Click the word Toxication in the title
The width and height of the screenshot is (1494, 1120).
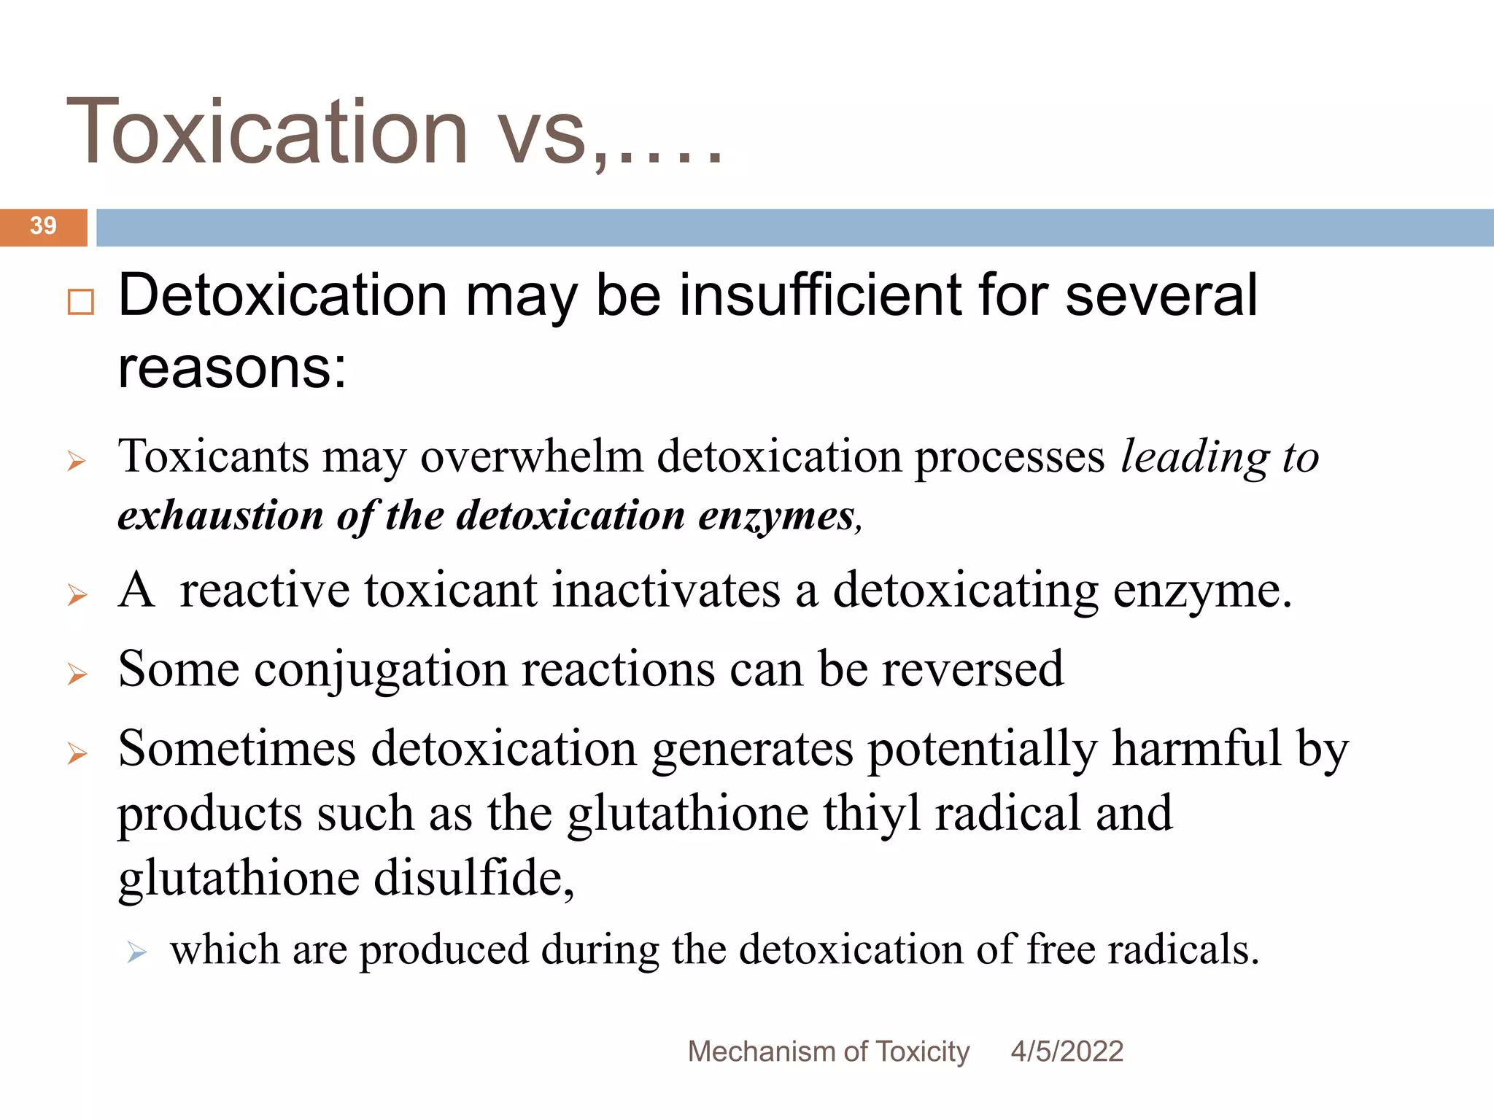pyautogui.click(x=267, y=132)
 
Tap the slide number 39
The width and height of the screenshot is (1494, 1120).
pyautogui.click(x=43, y=226)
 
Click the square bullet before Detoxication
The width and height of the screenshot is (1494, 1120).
pyautogui.click(x=80, y=301)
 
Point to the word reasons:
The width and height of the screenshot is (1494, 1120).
pyautogui.click(x=232, y=367)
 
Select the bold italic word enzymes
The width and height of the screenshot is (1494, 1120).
pyautogui.click(x=776, y=516)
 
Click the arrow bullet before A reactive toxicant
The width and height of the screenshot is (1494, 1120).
pyautogui.click(x=77, y=595)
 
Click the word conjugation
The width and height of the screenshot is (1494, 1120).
pyautogui.click(x=380, y=669)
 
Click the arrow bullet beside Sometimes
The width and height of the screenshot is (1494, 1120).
pyautogui.click(x=77, y=753)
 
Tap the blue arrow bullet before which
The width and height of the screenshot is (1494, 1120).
pyautogui.click(x=136, y=952)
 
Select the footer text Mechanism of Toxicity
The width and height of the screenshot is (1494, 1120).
pyautogui.click(x=828, y=1051)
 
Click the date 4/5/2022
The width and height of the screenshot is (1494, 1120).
pyautogui.click(x=1067, y=1051)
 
